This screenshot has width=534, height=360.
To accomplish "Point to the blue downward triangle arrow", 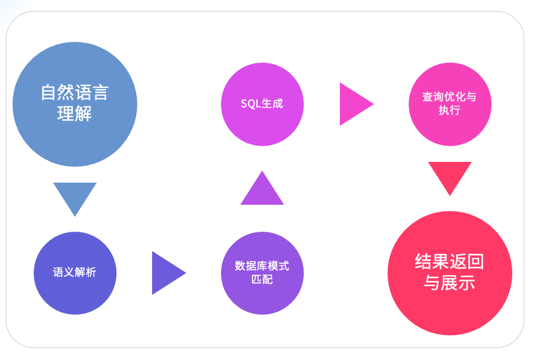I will click(75, 196).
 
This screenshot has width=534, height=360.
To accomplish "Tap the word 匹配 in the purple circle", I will click(262, 280).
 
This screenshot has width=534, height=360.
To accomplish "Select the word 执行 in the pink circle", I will click(449, 111).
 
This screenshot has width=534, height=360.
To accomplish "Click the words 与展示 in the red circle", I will click(449, 283).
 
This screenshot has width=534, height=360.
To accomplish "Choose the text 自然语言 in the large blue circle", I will click(75, 92).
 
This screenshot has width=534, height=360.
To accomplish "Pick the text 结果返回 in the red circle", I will click(449, 262).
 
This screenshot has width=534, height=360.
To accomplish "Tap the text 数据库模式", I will click(262, 266).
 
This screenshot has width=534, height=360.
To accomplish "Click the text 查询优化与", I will click(449, 97).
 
